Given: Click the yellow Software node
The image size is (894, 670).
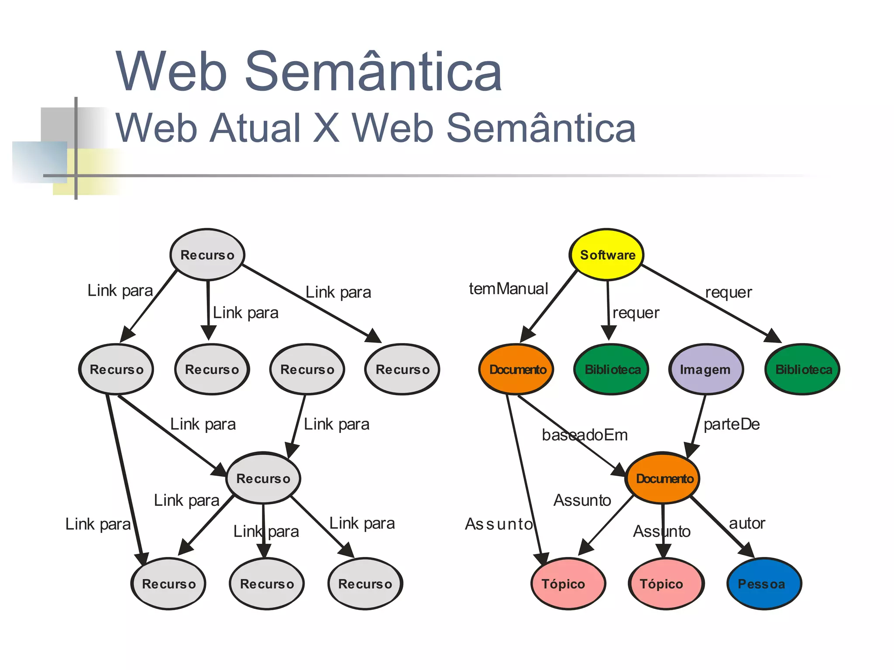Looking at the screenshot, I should coord(607,254).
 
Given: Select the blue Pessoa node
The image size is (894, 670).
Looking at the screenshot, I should coord(764,584).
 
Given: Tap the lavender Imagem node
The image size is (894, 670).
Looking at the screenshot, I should coord(705,369).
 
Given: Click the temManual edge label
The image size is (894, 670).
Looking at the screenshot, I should coord(508,289).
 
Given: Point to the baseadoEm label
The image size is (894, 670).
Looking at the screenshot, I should coord(585,435).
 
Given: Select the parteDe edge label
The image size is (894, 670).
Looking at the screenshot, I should coord(732,424).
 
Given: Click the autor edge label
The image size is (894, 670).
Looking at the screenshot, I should coord(747,523).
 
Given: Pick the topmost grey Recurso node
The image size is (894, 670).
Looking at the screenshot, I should coord(207,254).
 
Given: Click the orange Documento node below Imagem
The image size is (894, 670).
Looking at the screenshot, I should coord(663,478).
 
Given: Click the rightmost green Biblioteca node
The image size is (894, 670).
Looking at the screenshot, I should coord(802,369).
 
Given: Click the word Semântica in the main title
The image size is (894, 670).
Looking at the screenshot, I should coord(373,72).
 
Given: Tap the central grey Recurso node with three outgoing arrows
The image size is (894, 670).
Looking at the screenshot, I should coord(263,478).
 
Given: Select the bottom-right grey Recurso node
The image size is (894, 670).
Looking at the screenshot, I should coord(365,584).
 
